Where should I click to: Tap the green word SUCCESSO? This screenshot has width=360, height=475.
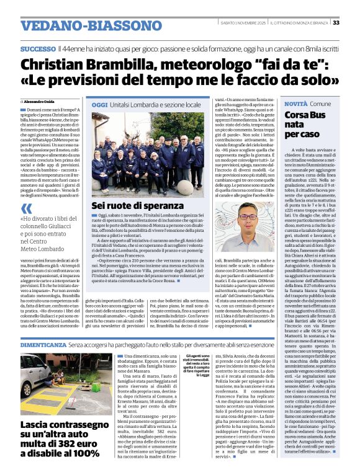pos(37,49)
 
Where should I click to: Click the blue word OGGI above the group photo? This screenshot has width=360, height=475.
pos(99,105)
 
